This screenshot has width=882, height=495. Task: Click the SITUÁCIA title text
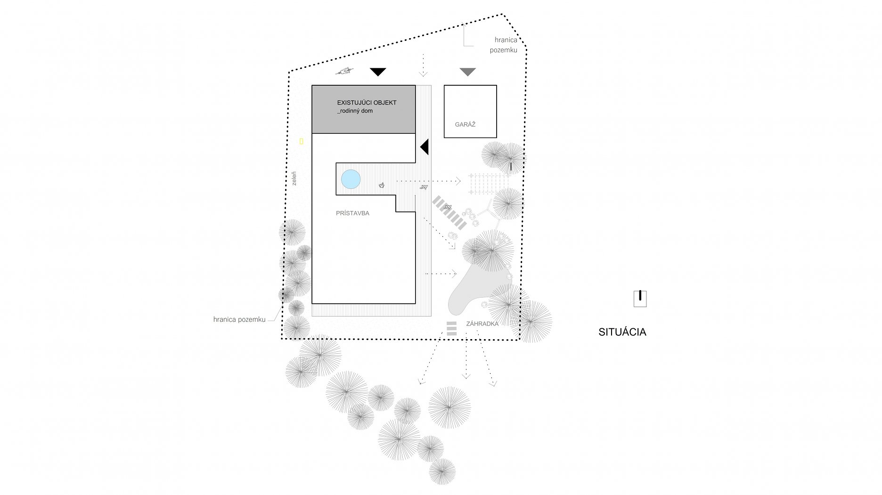(x=622, y=332)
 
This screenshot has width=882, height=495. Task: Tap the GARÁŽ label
(x=465, y=125)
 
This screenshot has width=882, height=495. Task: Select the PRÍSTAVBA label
(x=352, y=213)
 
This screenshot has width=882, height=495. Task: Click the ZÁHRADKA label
(x=482, y=324)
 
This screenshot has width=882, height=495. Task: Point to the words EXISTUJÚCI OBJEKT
(x=367, y=103)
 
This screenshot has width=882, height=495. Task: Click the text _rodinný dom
(x=355, y=111)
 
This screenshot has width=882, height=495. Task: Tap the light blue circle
(x=351, y=179)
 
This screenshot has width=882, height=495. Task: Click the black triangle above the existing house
(x=378, y=72)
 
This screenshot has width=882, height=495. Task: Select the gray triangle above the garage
(x=467, y=72)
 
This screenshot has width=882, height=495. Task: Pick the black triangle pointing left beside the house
(x=425, y=147)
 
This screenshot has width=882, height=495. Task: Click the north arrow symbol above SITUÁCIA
(x=640, y=299)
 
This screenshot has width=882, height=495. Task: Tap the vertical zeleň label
(x=294, y=179)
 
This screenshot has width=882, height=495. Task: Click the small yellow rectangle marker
(x=301, y=141)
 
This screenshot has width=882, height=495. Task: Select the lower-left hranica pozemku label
(x=239, y=320)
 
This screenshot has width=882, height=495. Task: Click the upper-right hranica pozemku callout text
(x=505, y=45)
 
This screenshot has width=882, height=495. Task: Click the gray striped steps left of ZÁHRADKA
(x=451, y=328)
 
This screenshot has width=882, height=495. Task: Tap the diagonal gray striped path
(x=449, y=212)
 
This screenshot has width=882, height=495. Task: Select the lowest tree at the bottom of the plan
(x=442, y=471)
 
